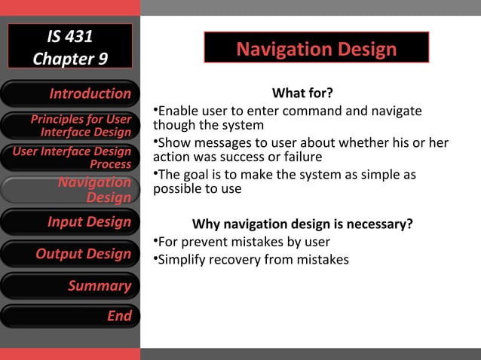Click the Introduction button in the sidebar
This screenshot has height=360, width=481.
70,93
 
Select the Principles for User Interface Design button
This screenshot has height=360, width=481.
70,126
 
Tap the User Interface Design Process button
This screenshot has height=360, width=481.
70,157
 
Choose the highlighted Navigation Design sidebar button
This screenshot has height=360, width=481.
70,190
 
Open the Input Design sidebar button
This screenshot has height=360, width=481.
70,221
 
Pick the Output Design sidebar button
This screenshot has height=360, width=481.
70,254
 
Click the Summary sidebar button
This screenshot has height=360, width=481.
70,285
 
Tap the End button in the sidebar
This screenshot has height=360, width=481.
70,316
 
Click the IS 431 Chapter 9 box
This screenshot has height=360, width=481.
70,47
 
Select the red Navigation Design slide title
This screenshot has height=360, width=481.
316,50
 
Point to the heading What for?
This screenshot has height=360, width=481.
302,93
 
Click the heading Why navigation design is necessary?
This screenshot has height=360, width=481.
302,224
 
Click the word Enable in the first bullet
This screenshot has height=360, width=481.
175,111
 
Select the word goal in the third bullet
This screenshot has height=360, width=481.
195,175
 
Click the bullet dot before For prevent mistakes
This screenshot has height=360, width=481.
155,241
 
